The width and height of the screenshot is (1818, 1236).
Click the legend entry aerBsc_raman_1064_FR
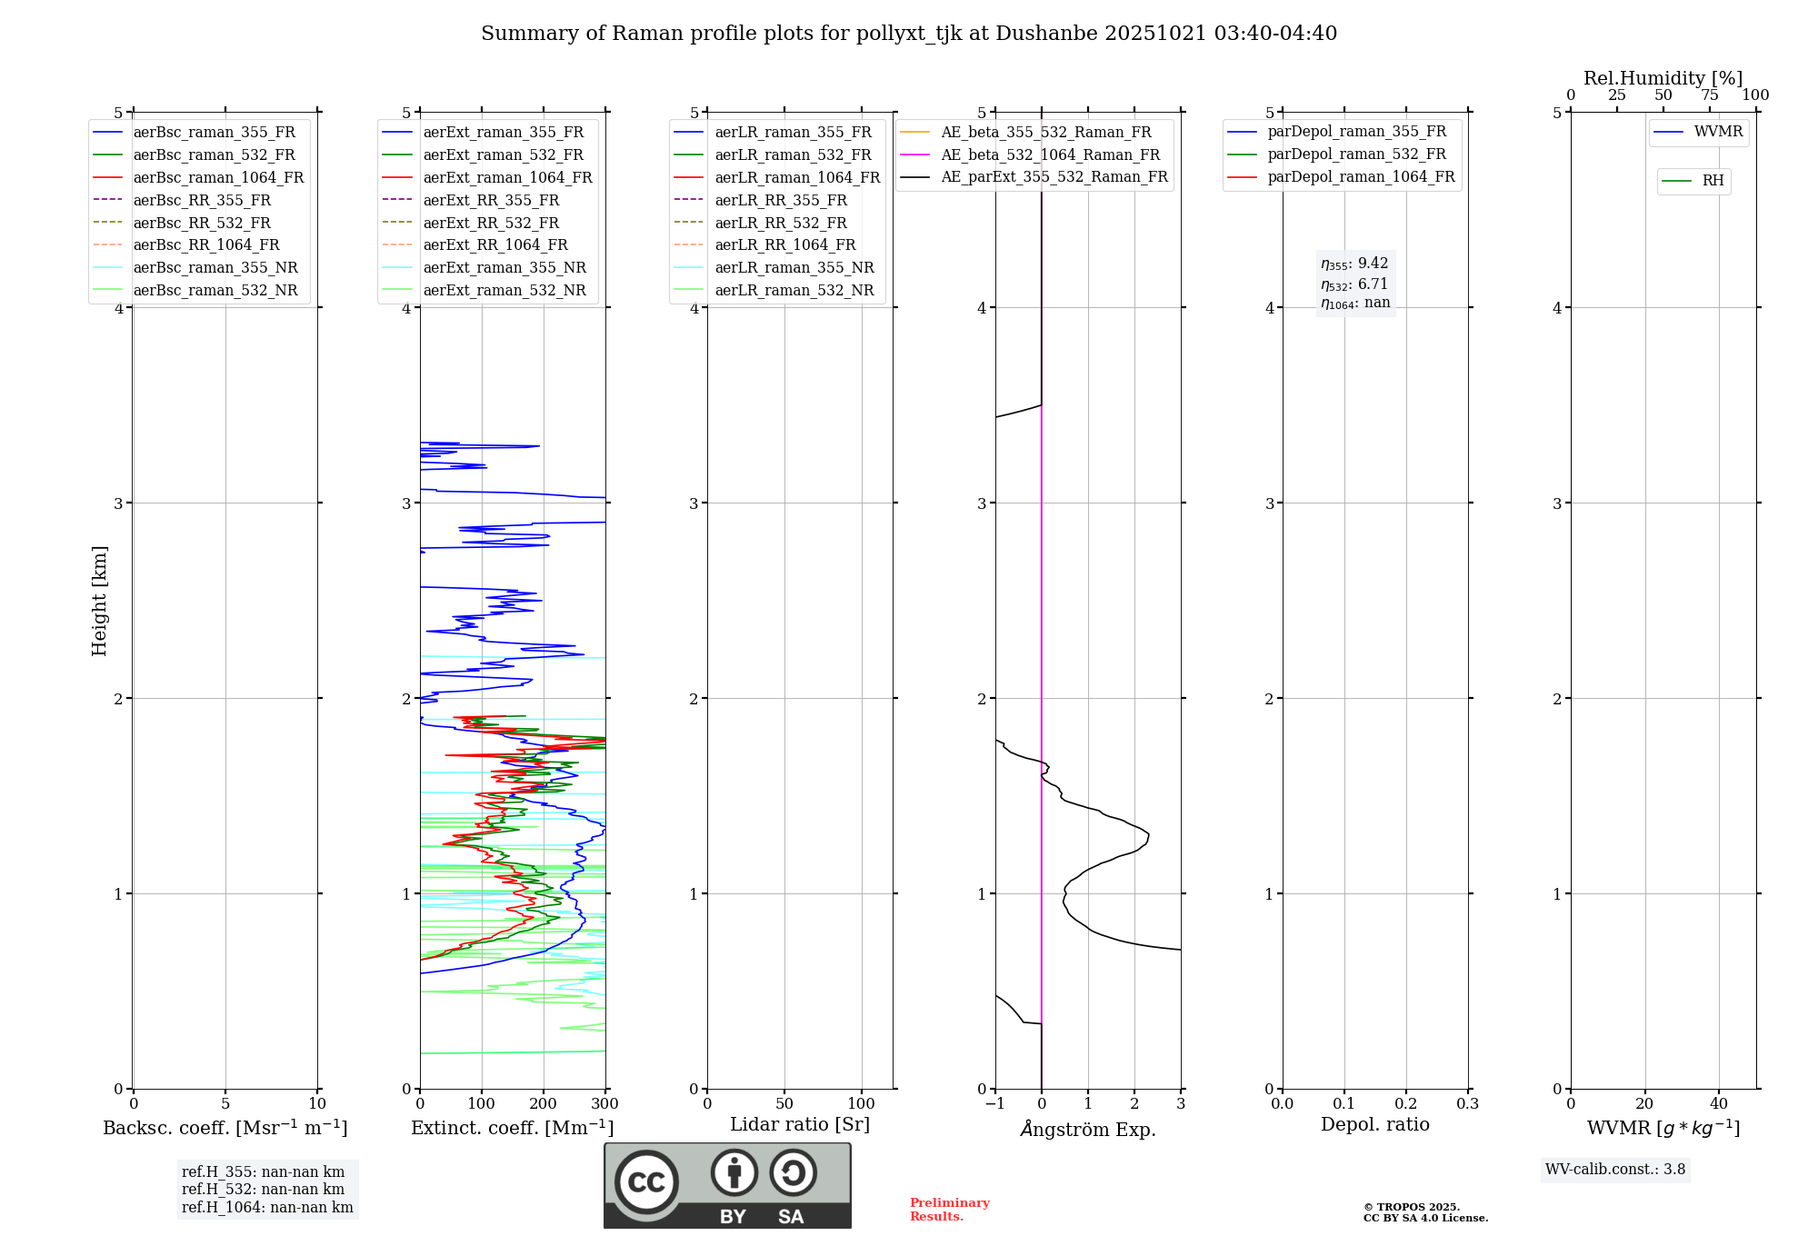coord(218,178)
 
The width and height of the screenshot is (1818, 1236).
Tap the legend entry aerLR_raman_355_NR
coord(794,268)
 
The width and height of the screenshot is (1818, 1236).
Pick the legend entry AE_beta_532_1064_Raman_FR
coord(1050,155)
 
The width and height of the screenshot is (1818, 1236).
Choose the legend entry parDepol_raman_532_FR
coord(1356,154)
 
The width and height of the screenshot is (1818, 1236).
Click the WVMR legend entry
coord(1718,132)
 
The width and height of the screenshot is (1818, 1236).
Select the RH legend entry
coord(1713,181)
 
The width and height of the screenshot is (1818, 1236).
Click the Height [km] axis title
coord(99,601)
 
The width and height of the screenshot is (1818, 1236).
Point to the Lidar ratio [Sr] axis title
coord(800,1125)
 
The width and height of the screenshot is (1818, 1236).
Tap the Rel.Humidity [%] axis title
coord(1663,78)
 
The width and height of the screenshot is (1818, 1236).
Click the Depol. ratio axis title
coord(1374,1125)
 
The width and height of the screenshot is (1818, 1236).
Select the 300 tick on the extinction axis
coord(605,1104)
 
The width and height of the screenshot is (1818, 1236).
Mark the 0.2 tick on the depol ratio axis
coord(1406,1104)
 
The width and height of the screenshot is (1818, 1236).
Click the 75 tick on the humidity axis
coord(1710,95)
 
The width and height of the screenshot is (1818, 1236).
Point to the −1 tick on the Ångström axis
coord(994,1104)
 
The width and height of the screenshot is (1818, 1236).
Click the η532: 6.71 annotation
coord(1354,284)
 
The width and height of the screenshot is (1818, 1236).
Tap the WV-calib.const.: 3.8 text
coord(1615,1170)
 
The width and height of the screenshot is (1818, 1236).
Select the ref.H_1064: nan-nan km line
coord(267,1208)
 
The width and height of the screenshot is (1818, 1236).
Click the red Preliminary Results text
coord(949,1210)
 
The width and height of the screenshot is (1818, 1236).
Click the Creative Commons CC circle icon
coord(646,1182)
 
